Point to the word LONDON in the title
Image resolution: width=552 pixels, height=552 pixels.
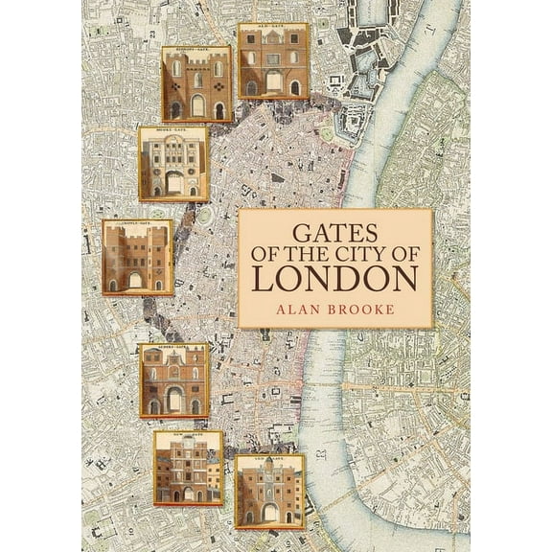point(334,278)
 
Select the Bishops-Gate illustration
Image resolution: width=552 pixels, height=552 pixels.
point(196,84)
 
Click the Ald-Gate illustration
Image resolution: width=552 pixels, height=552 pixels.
point(272,61)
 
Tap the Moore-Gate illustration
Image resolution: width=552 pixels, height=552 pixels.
point(172,164)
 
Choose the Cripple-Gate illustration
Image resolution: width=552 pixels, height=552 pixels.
point(137,257)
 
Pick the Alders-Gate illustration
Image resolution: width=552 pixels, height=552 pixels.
point(173,381)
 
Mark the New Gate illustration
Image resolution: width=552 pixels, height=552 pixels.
point(188,468)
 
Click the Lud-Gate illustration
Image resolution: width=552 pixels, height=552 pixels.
point(269,491)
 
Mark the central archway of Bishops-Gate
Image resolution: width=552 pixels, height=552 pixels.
point(197,105)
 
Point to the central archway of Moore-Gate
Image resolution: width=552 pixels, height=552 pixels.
point(173,182)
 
